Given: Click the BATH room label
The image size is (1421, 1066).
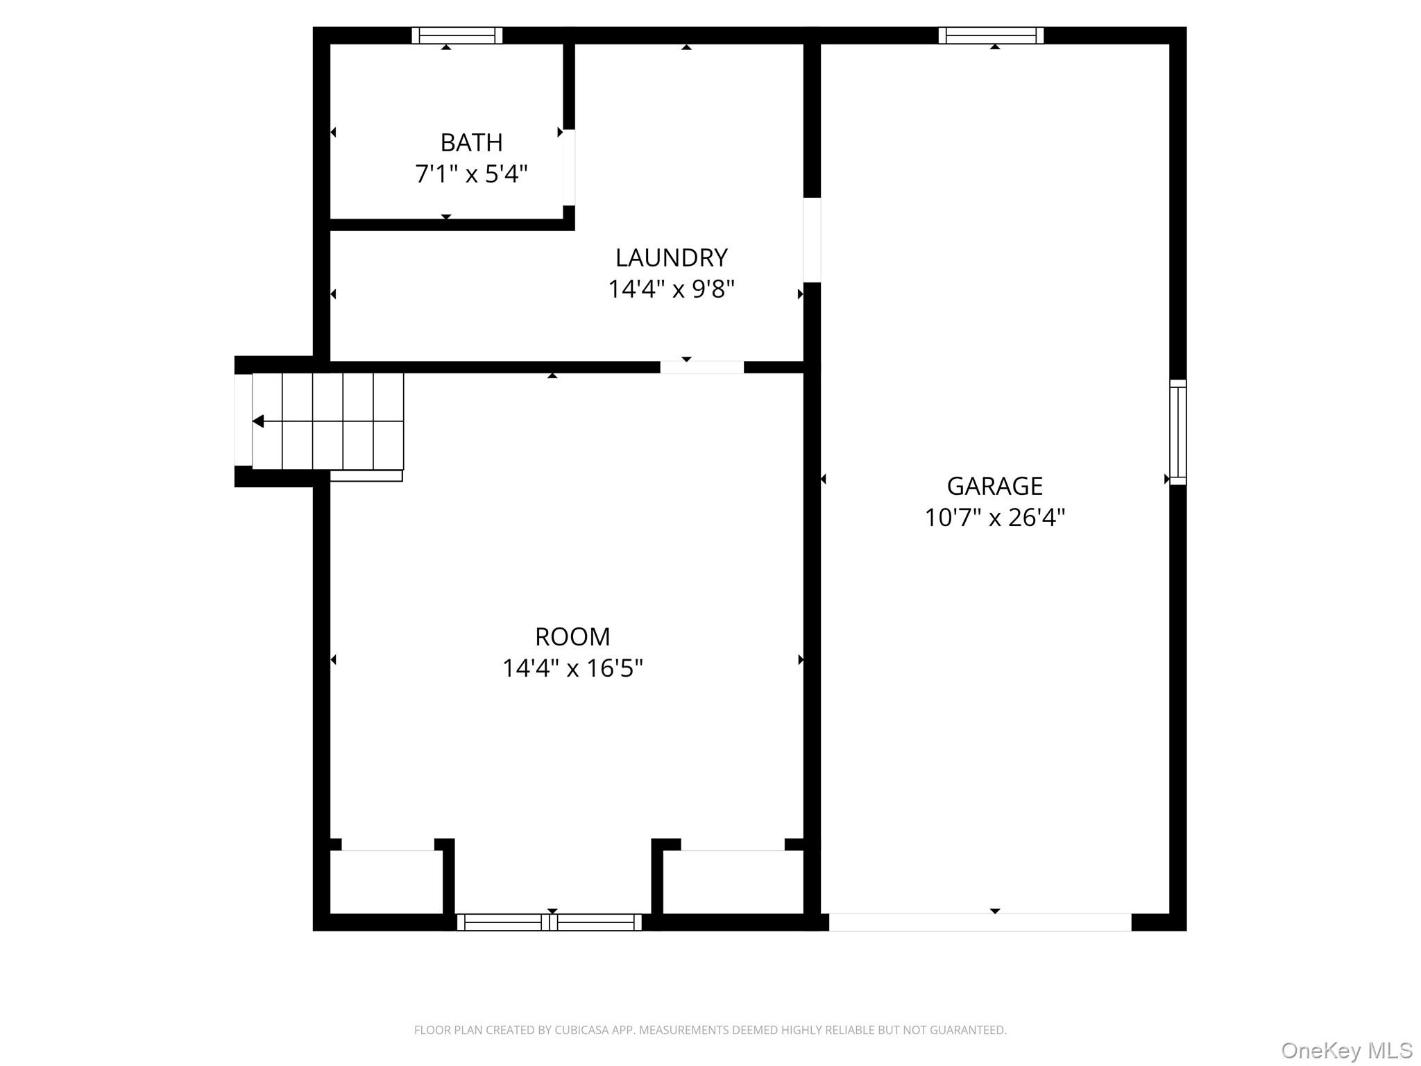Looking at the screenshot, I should pyautogui.click(x=471, y=143).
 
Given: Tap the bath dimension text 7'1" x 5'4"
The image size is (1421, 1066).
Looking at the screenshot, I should pyautogui.click(x=471, y=174).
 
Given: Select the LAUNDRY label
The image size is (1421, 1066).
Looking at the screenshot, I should pyautogui.click(x=671, y=258).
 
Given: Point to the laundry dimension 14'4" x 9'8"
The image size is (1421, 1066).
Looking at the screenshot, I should pyautogui.click(x=671, y=289).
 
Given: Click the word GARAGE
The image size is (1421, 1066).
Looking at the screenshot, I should pyautogui.click(x=994, y=487).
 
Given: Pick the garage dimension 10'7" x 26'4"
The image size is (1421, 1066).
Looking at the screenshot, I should pyautogui.click(x=994, y=518).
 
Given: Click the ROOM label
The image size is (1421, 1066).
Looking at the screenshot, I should pyautogui.click(x=572, y=637).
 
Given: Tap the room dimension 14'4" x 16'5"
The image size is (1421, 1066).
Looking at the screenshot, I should pyautogui.click(x=572, y=668).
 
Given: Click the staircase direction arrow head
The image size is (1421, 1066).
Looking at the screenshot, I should pyautogui.click(x=258, y=421).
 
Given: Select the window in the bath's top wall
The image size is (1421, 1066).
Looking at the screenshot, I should pyautogui.click(x=457, y=35).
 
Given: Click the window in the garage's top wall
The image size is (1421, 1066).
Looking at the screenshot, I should pyautogui.click(x=991, y=35).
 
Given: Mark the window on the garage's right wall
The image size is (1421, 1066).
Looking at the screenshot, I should pyautogui.click(x=1177, y=432).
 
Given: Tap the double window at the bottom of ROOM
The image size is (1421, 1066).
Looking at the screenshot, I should pyautogui.click(x=549, y=922).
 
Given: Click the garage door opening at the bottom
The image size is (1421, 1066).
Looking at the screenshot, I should pyautogui.click(x=980, y=922).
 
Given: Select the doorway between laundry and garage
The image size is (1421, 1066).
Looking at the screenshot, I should pyautogui.click(x=812, y=240).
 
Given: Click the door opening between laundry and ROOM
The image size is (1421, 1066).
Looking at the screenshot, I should pyautogui.click(x=701, y=367).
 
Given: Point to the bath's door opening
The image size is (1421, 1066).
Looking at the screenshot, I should pyautogui.click(x=568, y=167).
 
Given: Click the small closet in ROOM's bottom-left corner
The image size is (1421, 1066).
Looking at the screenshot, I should pyautogui.click(x=386, y=882).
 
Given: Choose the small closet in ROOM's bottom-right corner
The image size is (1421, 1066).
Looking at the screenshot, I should pyautogui.click(x=733, y=882).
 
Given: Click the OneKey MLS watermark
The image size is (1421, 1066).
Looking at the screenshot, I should pyautogui.click(x=1347, y=1051).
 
